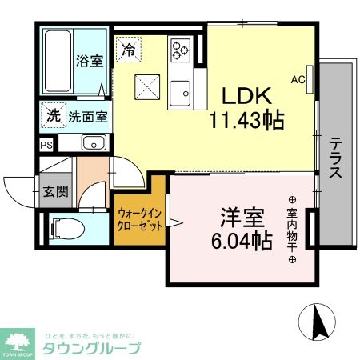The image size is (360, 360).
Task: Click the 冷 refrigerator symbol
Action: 128,50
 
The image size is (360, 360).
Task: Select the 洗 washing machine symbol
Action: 52,115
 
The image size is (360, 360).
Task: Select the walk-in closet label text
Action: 140,220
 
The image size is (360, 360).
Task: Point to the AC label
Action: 298,78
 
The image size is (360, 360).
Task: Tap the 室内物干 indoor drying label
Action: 292,229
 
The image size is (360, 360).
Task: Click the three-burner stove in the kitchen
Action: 179,50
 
